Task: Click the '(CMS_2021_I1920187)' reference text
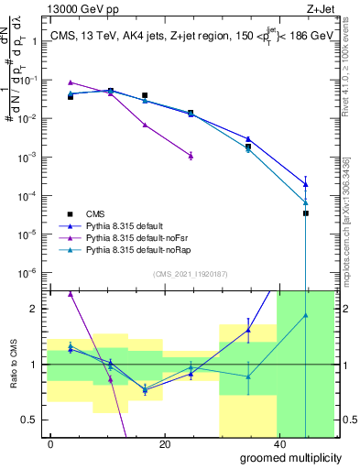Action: tap(190, 272)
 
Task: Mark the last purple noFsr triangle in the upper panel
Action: tap(191, 156)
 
